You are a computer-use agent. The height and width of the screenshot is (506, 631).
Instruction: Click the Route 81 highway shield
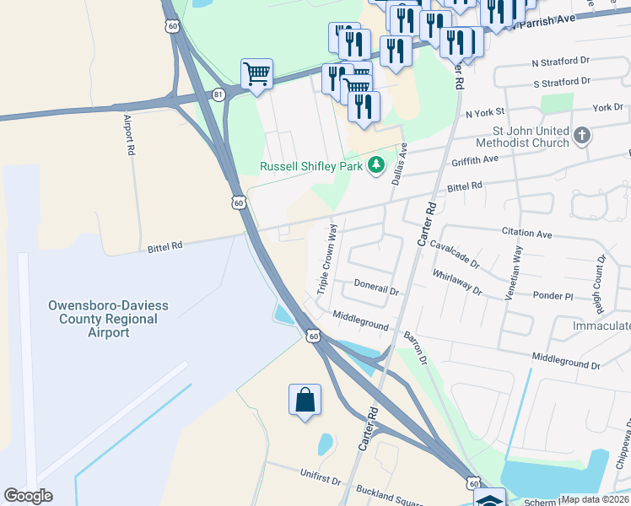(218, 94)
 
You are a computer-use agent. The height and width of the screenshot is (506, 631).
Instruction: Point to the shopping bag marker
(305, 401)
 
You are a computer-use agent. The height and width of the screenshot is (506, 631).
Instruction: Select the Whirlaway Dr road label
(456, 283)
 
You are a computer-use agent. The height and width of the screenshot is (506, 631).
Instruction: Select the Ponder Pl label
(553, 296)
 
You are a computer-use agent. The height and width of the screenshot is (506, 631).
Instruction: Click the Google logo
(28, 496)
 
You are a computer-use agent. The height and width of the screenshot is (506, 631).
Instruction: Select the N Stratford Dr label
(561, 63)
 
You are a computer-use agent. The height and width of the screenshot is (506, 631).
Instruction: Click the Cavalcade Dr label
(454, 253)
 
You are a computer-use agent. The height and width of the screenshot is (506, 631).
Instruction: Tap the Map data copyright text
(595, 499)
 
